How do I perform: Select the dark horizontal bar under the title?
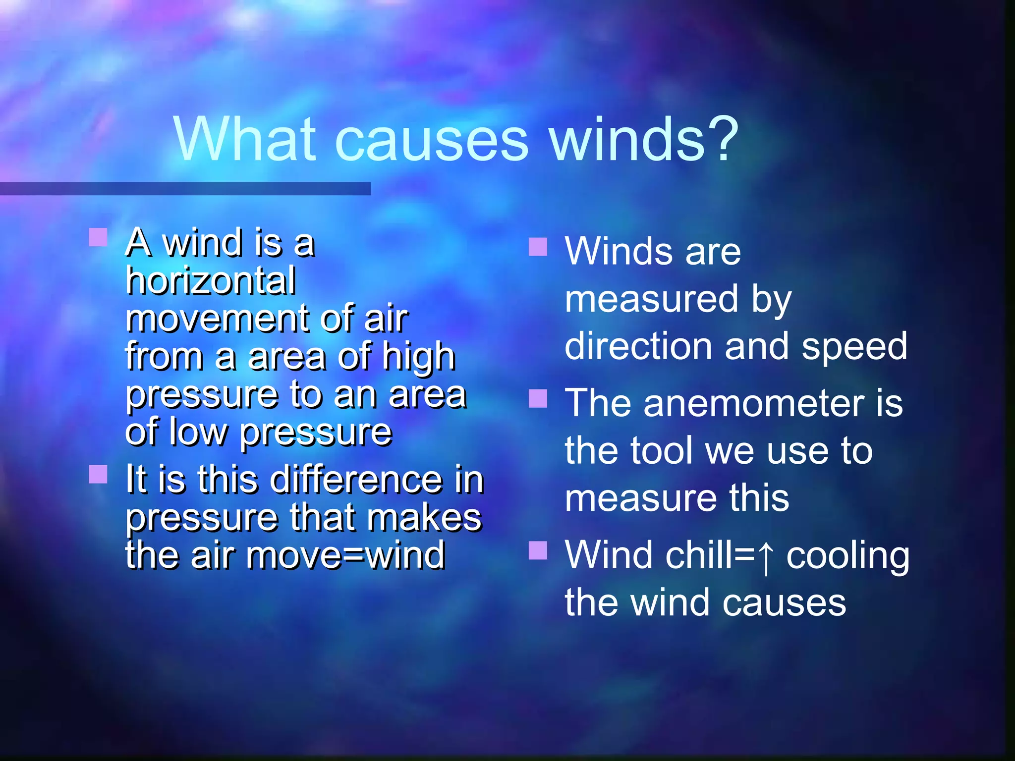pos(185,188)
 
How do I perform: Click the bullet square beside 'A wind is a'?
pos(98,237)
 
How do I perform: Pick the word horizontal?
pos(211,281)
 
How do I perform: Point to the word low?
pos(198,433)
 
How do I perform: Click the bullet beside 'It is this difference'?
pos(98,474)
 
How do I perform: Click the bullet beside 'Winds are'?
pos(538,247)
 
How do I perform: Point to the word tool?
pos(662,450)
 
